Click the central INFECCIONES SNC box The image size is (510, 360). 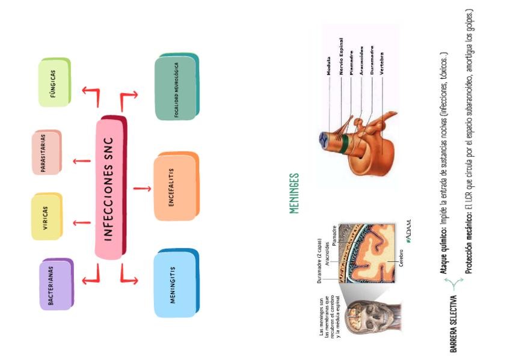tap(110, 188)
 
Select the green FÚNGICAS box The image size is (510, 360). tap(55, 82)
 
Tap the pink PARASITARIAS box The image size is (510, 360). tap(46, 153)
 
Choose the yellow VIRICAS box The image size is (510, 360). tap(46, 217)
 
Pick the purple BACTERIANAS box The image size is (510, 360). tap(56, 285)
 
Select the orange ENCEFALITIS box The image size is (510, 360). tap(175, 187)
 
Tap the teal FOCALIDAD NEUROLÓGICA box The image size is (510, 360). tap(176, 87)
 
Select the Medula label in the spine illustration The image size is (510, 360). tap(328, 67)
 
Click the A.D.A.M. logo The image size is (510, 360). tap(408, 230)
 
